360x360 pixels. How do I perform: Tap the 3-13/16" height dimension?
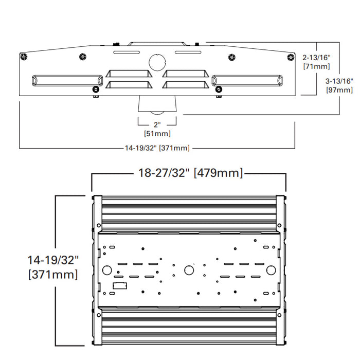(x=340, y=81)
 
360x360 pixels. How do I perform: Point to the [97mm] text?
(x=340, y=90)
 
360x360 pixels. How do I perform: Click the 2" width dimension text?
(x=157, y=125)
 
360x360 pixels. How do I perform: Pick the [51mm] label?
(x=157, y=134)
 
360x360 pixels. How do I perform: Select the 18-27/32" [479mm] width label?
(x=189, y=173)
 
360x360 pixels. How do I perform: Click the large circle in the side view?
(x=157, y=62)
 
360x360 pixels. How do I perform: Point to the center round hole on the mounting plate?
(x=189, y=270)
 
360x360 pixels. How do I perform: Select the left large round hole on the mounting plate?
(x=107, y=270)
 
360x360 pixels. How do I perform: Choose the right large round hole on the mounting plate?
(x=270, y=270)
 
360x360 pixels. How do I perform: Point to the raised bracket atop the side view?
(x=157, y=45)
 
